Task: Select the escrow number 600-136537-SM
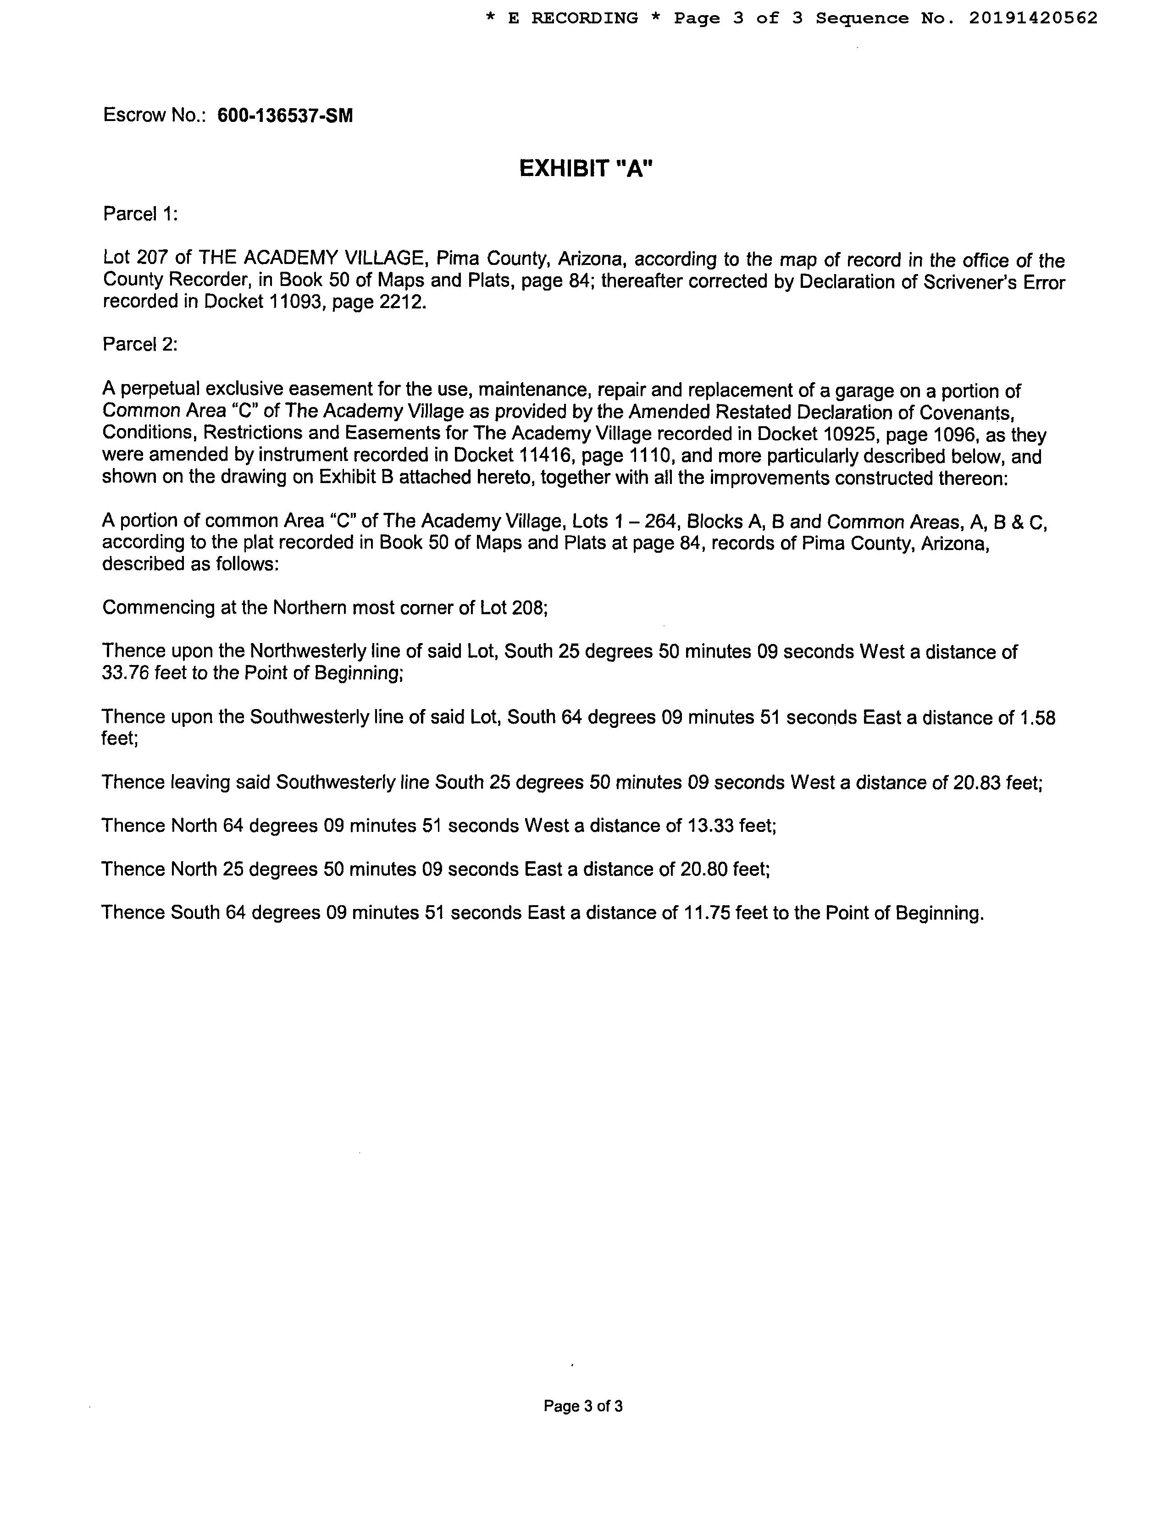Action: click(285, 115)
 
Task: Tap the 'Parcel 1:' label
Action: click(140, 214)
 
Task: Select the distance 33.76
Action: click(125, 673)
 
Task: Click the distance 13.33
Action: click(711, 826)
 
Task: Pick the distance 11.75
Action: click(707, 913)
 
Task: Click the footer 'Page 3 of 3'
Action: click(583, 1406)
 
